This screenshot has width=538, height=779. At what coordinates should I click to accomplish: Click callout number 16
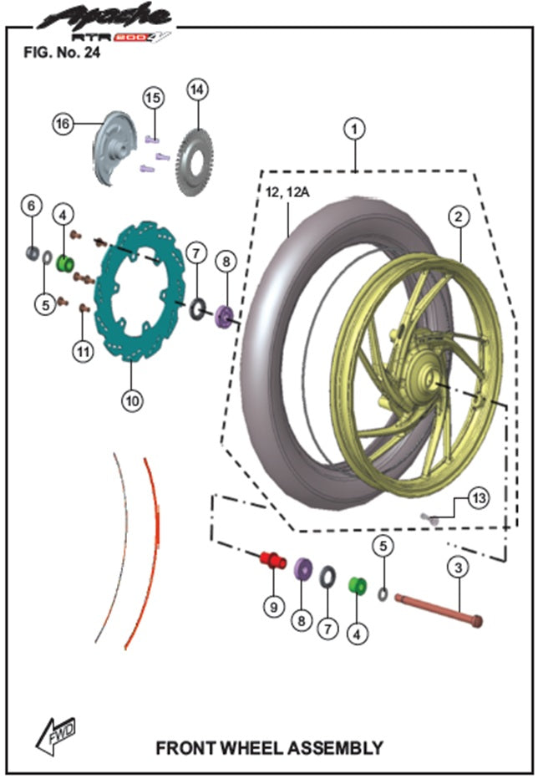(x=62, y=124)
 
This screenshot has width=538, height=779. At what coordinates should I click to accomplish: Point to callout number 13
(x=476, y=499)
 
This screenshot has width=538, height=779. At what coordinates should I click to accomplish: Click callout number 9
(x=273, y=607)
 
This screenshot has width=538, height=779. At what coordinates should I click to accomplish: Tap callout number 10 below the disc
(x=131, y=400)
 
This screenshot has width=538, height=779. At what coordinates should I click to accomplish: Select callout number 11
(x=82, y=352)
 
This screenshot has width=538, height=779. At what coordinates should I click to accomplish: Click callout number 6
(x=31, y=205)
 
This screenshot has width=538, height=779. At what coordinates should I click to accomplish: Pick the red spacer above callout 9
(x=272, y=559)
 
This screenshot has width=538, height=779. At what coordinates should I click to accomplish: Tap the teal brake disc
(x=134, y=293)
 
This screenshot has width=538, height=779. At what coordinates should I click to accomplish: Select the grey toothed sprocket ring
(x=194, y=163)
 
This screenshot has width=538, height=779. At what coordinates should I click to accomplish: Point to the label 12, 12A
(x=287, y=193)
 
